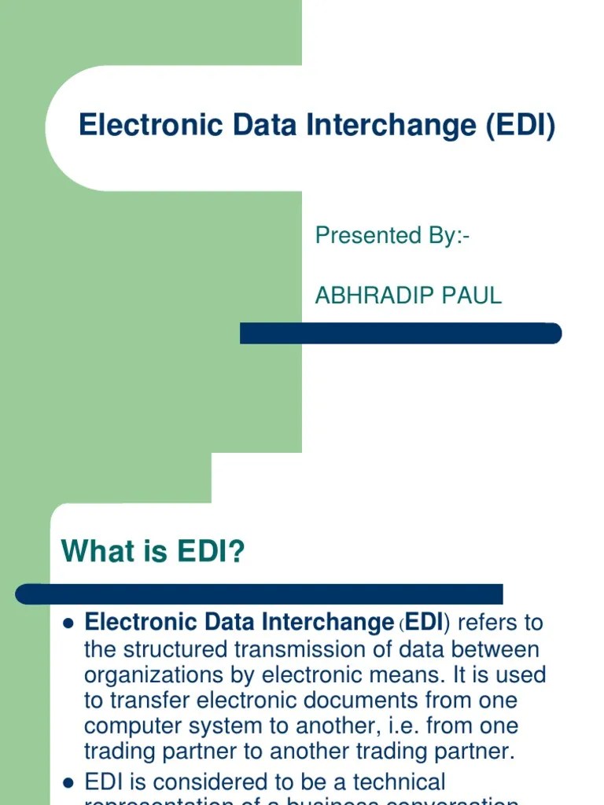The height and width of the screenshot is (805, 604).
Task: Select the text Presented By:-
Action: (x=392, y=235)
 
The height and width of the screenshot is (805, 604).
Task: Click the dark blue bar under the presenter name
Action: (x=400, y=333)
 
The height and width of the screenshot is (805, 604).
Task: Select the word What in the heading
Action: (x=96, y=552)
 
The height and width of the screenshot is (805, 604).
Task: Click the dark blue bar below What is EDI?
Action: (x=260, y=594)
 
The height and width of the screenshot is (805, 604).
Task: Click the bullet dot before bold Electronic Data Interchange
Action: (x=68, y=623)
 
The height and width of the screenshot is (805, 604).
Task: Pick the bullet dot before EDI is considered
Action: (x=68, y=782)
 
